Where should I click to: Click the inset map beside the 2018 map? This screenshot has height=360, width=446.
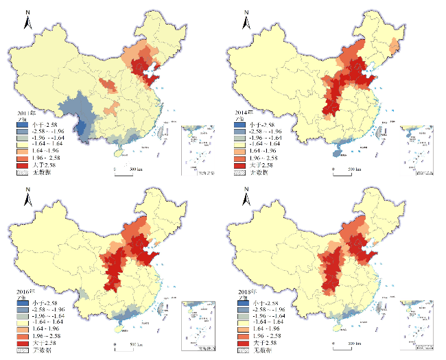click(419, 331)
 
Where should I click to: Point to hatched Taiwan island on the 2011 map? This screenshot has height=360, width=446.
click(163, 129)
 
